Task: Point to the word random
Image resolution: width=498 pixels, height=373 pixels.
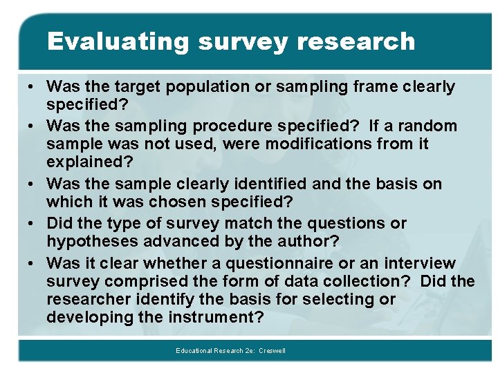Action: [x=431, y=126]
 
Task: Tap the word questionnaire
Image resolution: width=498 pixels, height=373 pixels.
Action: [x=254, y=264]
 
